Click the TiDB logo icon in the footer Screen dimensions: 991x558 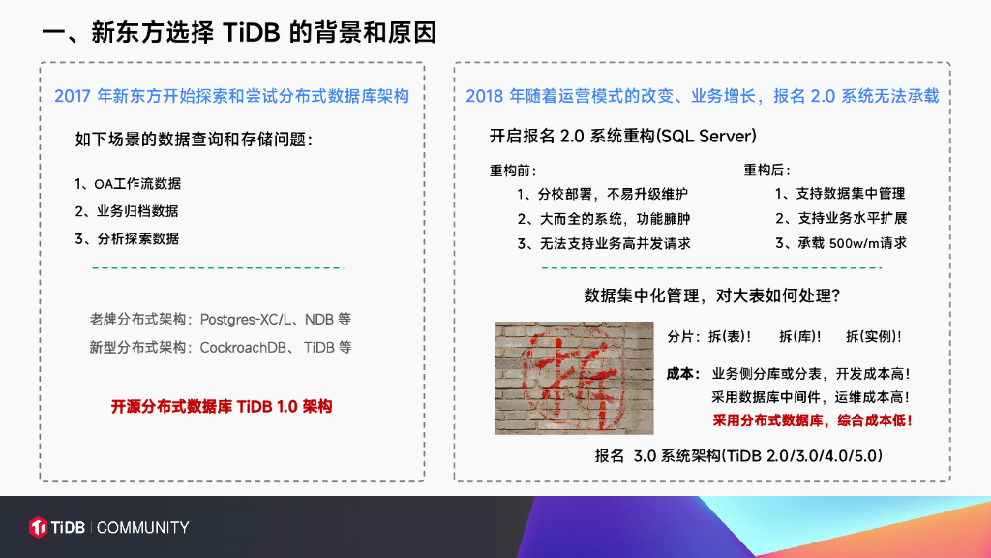[x=38, y=527]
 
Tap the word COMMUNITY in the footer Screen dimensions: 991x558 [x=143, y=528]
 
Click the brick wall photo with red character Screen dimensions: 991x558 [x=574, y=378]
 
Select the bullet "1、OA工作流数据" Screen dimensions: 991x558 [x=128, y=184]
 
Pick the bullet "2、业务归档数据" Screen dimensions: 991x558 [x=127, y=211]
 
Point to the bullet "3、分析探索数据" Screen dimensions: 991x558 [x=127, y=239]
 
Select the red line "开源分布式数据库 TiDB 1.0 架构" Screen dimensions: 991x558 [x=222, y=406]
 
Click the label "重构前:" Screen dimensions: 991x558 [x=513, y=170]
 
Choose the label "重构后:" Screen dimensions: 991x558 [x=766, y=170]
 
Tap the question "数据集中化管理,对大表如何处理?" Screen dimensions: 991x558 [x=711, y=295]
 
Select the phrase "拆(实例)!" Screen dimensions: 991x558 [x=874, y=336]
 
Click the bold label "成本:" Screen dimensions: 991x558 [x=683, y=374]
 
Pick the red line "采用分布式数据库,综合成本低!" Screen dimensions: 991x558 [x=812, y=420]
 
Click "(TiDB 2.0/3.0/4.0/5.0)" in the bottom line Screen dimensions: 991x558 [x=801, y=456]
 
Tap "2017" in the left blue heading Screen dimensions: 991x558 [x=73, y=96]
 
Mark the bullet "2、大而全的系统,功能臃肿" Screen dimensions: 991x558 [x=604, y=219]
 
